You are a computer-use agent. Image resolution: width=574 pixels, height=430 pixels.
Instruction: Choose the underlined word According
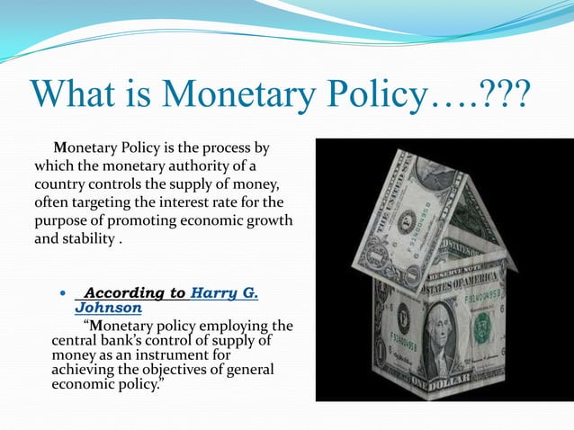click(x=135, y=293)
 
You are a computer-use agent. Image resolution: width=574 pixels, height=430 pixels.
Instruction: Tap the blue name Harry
click(x=214, y=293)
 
